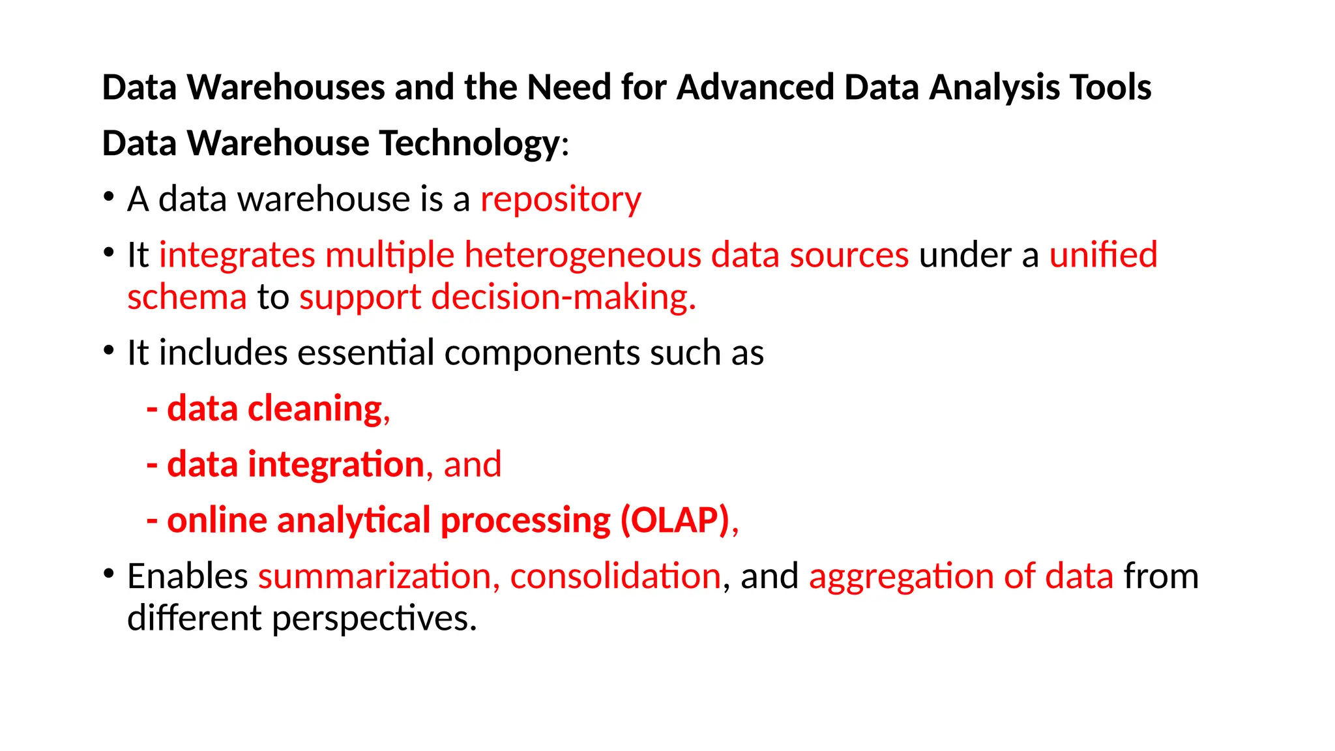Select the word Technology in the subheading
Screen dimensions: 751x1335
click(469, 143)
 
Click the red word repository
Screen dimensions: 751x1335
click(561, 199)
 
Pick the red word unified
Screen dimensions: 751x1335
click(1103, 255)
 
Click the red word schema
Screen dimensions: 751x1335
click(187, 297)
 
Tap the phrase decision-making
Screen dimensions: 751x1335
click(563, 297)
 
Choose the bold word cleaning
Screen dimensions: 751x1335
click(315, 409)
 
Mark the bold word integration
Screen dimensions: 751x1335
click(336, 465)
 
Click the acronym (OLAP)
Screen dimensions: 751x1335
click(675, 520)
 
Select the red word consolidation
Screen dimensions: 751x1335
click(615, 576)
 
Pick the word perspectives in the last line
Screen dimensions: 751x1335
click(374, 618)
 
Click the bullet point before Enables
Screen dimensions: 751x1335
click(109, 574)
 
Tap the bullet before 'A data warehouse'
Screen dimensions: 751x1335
click(109, 197)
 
